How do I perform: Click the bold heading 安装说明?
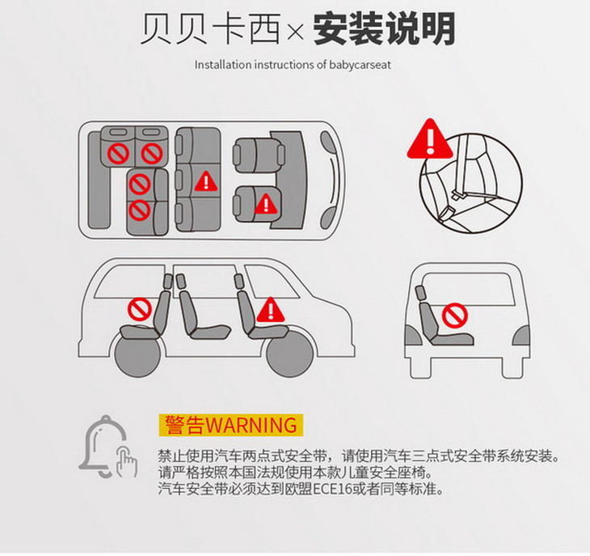[384, 29]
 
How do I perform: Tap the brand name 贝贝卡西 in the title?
[211, 28]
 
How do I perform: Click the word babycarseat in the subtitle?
[360, 65]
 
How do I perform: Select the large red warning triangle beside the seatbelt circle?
[430, 138]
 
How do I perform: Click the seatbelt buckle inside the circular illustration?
[458, 195]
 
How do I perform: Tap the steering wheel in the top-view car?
[333, 180]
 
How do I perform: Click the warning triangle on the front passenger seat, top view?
[267, 204]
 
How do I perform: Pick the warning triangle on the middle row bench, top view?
[206, 181]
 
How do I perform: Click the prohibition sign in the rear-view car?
[454, 315]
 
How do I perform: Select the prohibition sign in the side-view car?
[140, 310]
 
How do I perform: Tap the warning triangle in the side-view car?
[270, 310]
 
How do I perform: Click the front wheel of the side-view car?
[289, 354]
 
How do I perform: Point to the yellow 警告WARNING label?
[230, 425]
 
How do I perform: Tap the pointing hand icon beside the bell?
[127, 461]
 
